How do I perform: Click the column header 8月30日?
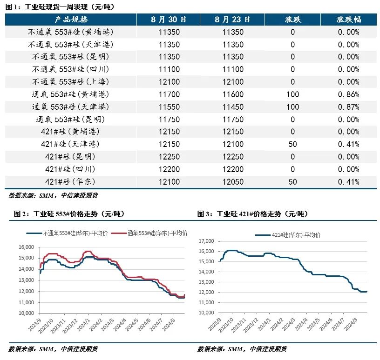[x=169, y=20]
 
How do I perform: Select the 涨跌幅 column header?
[x=348, y=20]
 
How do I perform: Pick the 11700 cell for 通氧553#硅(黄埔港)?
[x=169, y=94]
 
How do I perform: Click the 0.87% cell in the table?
[x=348, y=107]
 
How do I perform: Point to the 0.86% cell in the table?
[x=348, y=94]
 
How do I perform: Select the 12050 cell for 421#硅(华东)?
[x=233, y=181]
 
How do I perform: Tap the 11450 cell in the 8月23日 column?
[x=233, y=107]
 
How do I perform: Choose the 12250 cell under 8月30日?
[x=169, y=156]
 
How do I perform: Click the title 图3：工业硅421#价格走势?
[x=252, y=214]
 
